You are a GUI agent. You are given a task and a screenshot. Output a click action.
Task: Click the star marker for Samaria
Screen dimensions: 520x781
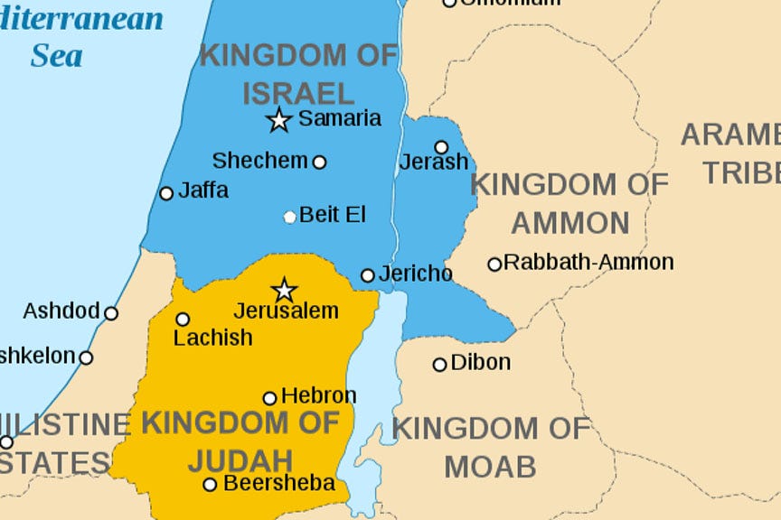coord(279,120)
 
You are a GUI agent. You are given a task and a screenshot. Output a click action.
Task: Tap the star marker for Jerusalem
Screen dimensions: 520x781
coord(285,290)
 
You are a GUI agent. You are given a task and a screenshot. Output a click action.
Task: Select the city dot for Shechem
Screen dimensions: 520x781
coord(319,162)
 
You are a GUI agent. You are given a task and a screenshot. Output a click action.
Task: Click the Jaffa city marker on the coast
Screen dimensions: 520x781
coord(166,193)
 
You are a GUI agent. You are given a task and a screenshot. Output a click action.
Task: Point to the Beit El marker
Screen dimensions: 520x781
coord(289,217)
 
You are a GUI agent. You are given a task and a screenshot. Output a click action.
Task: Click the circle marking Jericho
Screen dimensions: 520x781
coord(368,275)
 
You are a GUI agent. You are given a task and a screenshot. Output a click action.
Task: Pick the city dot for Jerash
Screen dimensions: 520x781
coord(441,147)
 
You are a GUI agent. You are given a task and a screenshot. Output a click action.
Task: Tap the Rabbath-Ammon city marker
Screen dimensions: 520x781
coord(494,265)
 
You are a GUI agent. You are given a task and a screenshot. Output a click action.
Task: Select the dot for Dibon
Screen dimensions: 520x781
coord(439,365)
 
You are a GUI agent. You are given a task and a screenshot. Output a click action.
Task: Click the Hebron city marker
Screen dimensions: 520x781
coord(269,398)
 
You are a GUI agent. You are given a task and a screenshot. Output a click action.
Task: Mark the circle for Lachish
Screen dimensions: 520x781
coord(183,319)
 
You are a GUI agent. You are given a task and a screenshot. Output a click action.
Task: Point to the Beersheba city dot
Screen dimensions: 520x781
coord(210,485)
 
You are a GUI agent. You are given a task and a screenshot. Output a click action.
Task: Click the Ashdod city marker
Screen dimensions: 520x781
coord(111,313)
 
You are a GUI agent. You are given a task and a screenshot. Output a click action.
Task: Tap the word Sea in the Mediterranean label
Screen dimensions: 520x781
coord(56,56)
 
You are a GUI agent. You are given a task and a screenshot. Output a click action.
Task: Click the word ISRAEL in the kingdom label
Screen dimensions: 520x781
coord(298,92)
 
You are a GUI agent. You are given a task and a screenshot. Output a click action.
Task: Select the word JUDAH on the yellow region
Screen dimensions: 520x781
coord(240,460)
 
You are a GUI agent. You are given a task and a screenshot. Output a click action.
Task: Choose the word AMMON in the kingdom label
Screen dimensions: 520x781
coord(569,222)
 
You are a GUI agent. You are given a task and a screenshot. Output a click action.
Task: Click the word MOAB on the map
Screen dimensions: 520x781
coord(490,467)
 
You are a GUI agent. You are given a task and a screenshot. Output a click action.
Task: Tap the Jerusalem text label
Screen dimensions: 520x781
coord(286,311)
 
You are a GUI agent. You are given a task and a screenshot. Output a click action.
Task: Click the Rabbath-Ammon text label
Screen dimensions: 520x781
coord(588,263)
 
